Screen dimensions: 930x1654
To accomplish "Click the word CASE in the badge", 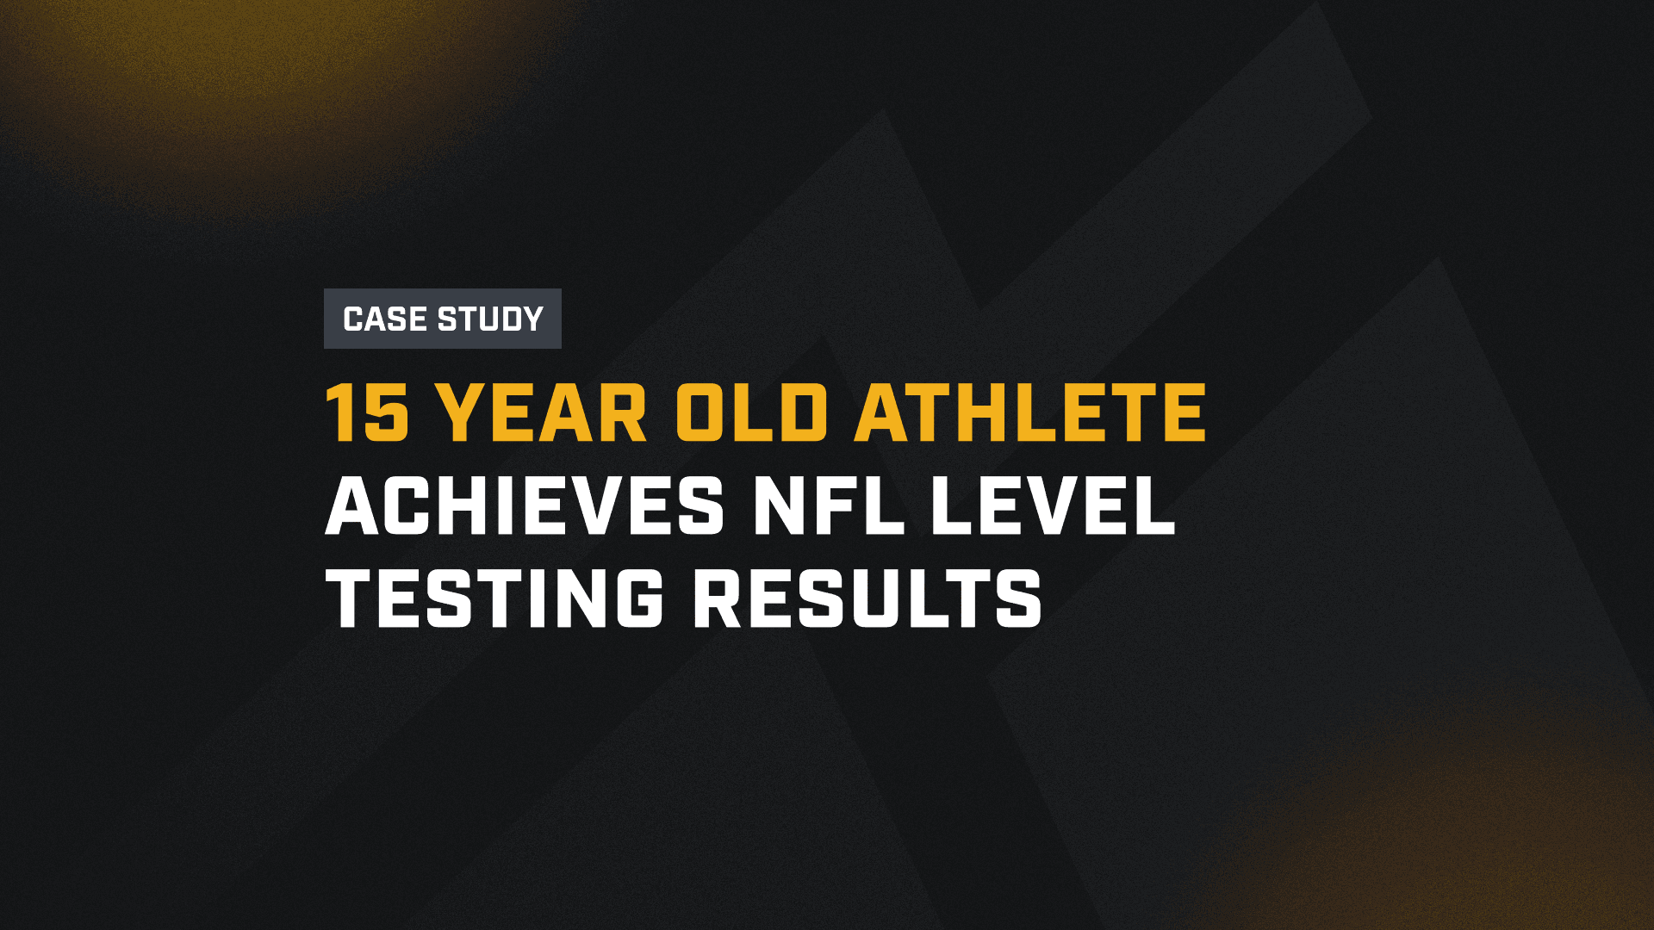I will [x=385, y=319].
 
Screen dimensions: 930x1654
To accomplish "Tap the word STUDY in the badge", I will [x=490, y=319].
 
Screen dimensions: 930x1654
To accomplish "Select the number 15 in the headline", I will [x=367, y=413].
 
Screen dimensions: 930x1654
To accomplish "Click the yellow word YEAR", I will [x=543, y=413].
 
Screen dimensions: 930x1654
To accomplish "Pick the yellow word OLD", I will [x=751, y=413].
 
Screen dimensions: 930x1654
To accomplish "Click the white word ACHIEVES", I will [x=525, y=506].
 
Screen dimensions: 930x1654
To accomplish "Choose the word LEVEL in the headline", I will [x=1053, y=506].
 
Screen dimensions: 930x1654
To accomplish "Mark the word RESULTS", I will [x=868, y=598].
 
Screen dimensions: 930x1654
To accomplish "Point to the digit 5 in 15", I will [x=386, y=413].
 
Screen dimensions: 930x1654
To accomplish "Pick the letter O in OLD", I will [x=702, y=413].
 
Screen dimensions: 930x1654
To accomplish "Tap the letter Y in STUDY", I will [x=531, y=319].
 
